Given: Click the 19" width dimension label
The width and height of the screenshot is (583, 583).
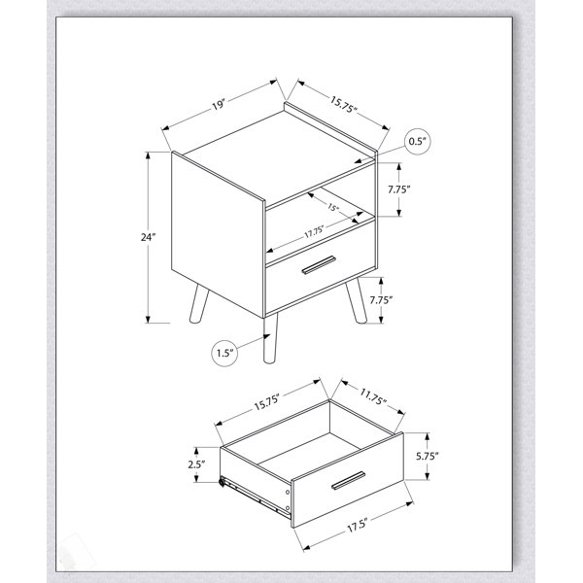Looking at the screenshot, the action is click(x=219, y=105).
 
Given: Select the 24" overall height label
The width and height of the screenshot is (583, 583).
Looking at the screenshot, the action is click(x=148, y=237).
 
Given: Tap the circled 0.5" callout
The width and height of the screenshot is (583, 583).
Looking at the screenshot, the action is click(x=418, y=141).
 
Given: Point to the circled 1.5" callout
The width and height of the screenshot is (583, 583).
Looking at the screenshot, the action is click(x=224, y=353).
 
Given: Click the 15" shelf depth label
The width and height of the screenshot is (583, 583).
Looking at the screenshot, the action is click(x=333, y=207).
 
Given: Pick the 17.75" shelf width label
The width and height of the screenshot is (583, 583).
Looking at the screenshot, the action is click(x=314, y=232).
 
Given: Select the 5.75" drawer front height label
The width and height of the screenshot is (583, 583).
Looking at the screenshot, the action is click(x=428, y=457).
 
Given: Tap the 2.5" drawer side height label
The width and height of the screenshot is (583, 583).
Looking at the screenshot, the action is click(x=196, y=464).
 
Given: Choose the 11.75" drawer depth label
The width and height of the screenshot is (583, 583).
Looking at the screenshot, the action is click(x=373, y=396).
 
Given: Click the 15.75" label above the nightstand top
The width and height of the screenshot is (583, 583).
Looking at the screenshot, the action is click(x=344, y=104).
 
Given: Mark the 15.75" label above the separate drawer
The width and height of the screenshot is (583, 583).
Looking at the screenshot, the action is click(x=266, y=401).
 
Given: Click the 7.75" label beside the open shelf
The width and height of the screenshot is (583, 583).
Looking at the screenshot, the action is click(x=399, y=189).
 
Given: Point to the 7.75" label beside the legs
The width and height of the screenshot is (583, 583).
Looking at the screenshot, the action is click(x=381, y=299).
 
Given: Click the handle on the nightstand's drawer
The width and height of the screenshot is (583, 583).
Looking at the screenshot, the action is click(x=319, y=265).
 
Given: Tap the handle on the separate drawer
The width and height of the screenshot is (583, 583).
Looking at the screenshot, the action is click(x=348, y=480).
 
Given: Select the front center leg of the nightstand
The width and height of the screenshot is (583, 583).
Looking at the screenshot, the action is click(x=270, y=338).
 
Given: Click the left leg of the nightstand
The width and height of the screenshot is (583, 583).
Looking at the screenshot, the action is click(x=198, y=302).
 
